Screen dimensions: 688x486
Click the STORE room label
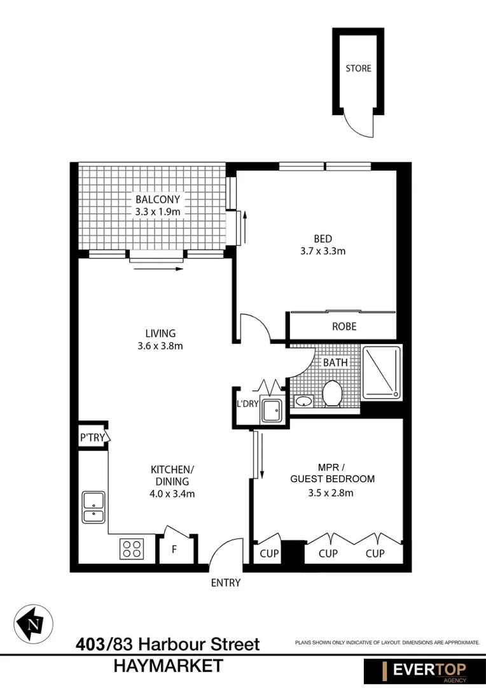[358, 68]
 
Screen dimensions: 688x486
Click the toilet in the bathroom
[332, 393]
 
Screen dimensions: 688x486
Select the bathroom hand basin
[304, 401]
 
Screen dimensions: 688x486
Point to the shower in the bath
[382, 373]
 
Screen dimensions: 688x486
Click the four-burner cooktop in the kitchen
[132, 548]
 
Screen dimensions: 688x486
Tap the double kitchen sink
[94, 507]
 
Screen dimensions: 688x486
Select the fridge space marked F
[174, 549]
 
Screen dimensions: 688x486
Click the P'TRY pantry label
[92, 438]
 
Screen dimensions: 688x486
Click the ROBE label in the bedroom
[344, 326]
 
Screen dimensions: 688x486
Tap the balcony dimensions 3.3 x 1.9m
[158, 211]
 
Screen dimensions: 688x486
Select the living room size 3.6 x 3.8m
[160, 346]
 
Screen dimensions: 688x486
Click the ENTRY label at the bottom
[226, 582]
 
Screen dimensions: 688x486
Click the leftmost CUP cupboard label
[269, 554]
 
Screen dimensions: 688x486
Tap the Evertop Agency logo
[423, 671]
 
